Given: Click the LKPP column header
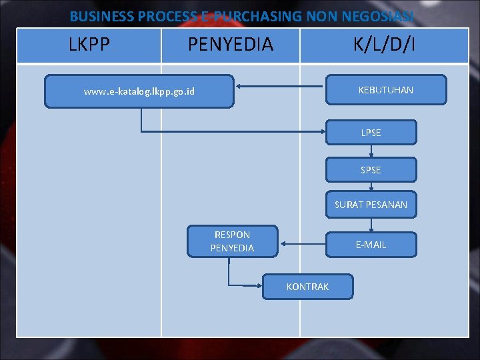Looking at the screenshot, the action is pos(89,45).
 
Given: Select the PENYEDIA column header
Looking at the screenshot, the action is pos(231,45).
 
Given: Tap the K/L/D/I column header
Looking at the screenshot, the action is pos(384,45).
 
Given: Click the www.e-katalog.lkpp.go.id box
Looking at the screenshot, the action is pos(139,91).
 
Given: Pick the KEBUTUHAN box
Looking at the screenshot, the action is pos(385,90).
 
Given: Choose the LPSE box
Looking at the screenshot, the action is pos(371,133).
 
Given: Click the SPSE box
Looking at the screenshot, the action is pos(371,170).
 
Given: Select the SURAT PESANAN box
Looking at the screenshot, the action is pos(371,205).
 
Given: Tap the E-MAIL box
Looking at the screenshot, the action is pos(371,245).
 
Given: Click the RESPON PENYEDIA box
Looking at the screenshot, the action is pos(232,241).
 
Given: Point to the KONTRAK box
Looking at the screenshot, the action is pos(307,287).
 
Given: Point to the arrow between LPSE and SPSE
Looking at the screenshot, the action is pos(371,151).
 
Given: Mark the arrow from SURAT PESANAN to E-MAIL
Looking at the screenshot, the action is pos(371,225).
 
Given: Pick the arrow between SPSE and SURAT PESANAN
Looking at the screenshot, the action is pos(371,187).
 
